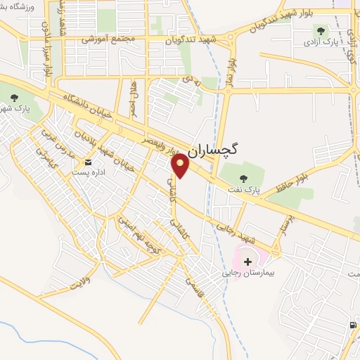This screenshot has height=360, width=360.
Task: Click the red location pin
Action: click(x=181, y=165)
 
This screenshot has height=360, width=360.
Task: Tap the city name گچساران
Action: click(x=214, y=149)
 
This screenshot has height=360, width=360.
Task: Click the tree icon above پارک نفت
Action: click(x=244, y=177)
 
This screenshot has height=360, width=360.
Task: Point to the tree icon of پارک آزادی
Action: click(x=321, y=30)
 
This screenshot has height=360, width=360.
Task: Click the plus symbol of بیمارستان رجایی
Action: click(x=247, y=262)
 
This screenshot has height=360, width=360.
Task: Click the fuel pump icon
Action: click(x=352, y=325)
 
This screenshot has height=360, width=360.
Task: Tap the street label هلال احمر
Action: click(x=133, y=96)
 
